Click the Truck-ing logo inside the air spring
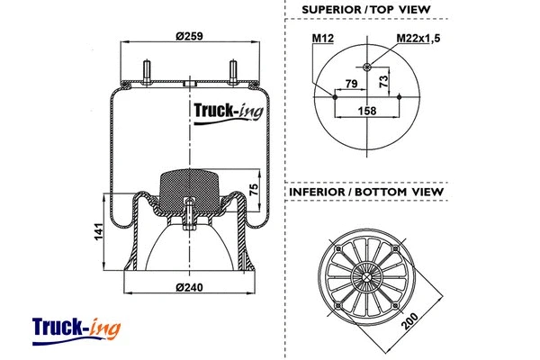pos(225,113)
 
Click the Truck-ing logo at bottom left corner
pos(76,327)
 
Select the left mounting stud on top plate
pos(145,70)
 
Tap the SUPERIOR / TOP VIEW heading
pos(365,10)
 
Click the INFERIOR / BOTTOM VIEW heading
pos(365,192)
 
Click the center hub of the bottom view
pos(368,275)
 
